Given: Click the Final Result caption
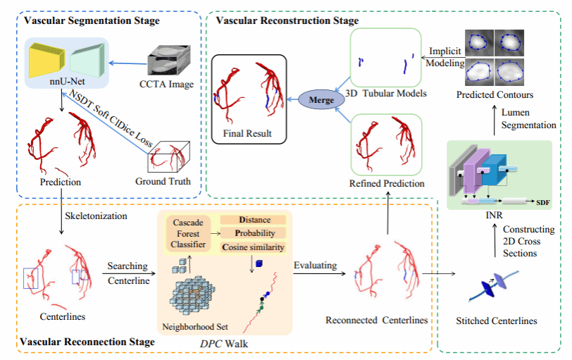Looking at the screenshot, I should pyautogui.click(x=247, y=132).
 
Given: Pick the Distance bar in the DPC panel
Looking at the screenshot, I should pyautogui.click(x=255, y=220).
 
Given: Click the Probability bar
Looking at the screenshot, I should pyautogui.click(x=255, y=233).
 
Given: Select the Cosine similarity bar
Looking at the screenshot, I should pyautogui.click(x=255, y=247).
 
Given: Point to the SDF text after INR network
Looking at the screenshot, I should pyautogui.click(x=543, y=202).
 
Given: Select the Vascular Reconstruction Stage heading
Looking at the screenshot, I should pyautogui.click(x=288, y=20).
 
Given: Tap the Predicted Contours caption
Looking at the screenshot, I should pyautogui.click(x=495, y=94).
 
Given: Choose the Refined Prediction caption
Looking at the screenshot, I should pyautogui.click(x=387, y=183).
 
